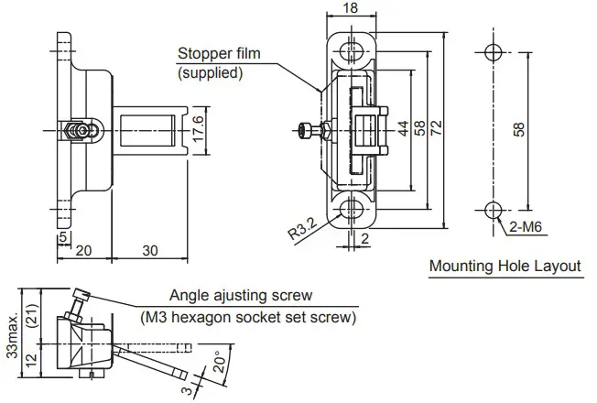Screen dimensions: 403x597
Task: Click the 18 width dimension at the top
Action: pos(351,8)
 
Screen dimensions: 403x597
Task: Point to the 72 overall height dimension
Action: pos(437,129)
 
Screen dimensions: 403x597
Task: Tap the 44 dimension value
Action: pos(401,129)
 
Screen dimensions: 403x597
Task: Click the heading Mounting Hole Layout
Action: pos(505,267)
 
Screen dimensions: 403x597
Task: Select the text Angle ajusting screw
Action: pos(241,296)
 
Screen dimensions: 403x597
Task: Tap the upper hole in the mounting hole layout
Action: pos(492,51)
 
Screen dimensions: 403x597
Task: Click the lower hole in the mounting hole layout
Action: pos(492,208)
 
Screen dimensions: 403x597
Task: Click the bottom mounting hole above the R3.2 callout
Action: pos(351,209)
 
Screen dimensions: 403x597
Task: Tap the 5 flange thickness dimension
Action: pos(61,236)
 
